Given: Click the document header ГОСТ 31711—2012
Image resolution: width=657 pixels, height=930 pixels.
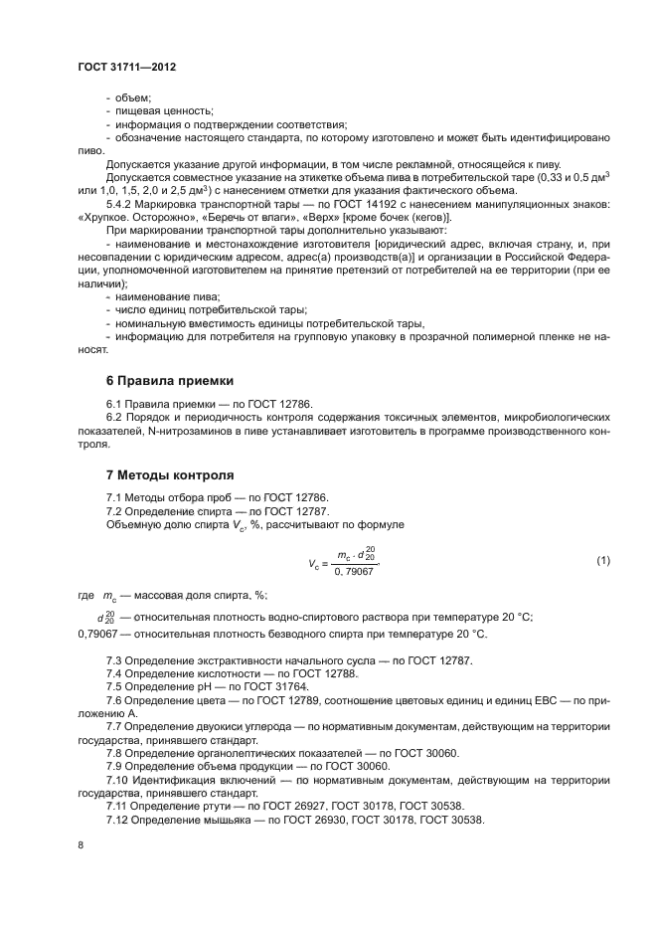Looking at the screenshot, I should pos(125,67).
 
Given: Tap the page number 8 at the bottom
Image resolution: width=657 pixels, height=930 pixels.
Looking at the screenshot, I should pos(81,845).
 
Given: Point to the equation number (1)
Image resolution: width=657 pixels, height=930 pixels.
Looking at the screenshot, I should pos(602,560).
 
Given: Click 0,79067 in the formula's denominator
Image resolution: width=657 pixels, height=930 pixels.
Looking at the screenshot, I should pos(355,572).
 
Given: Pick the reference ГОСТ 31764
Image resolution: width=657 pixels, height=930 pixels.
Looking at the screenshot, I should pos(278,687).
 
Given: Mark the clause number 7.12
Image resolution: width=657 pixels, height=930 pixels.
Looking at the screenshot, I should pos(120,819).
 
